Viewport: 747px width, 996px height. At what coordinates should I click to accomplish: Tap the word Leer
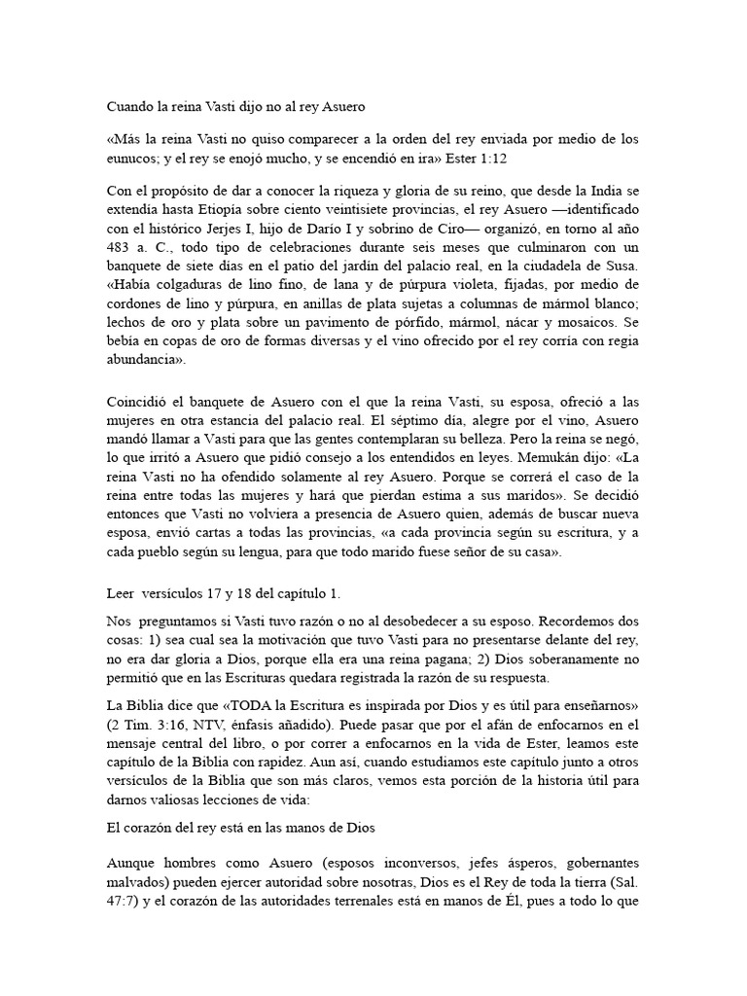pos(121,593)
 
